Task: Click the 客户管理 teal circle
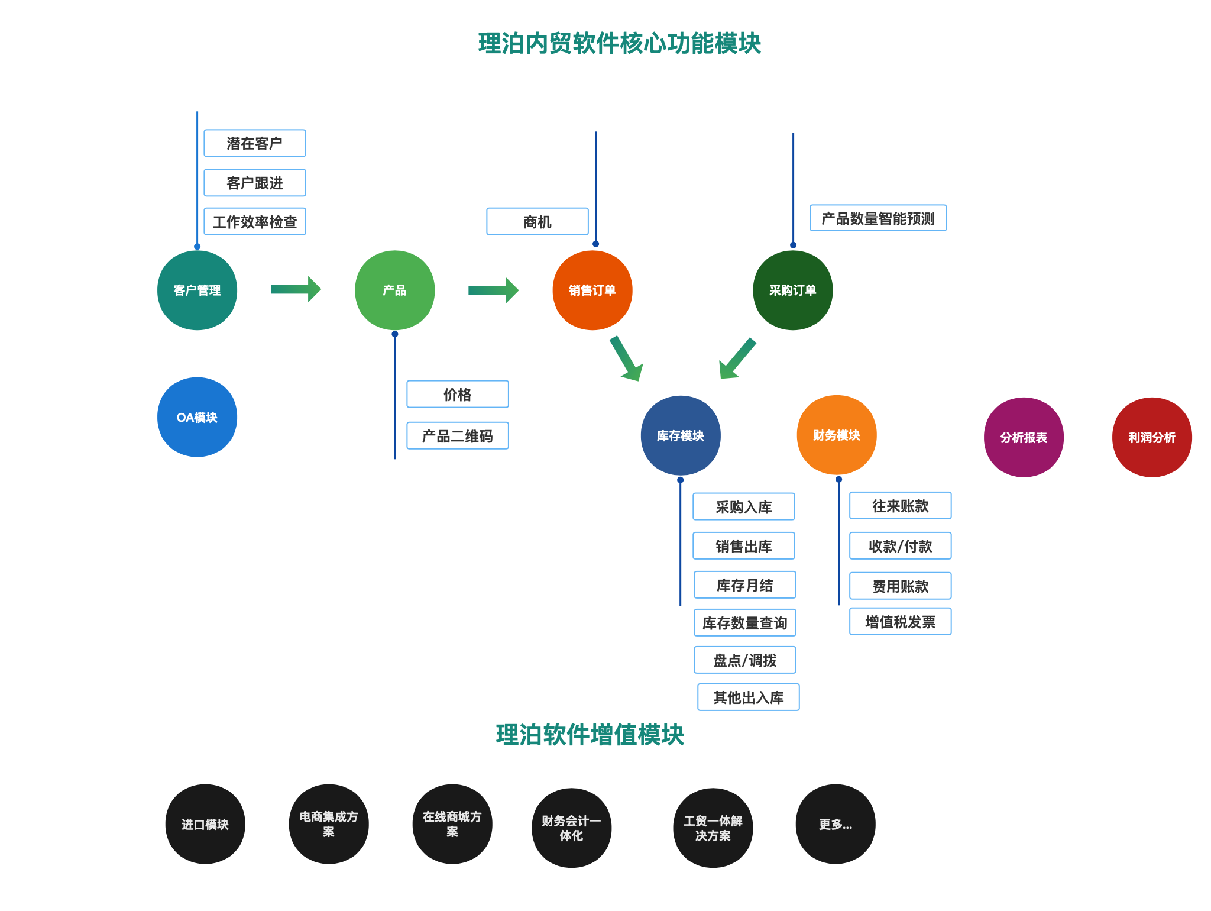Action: click(x=197, y=290)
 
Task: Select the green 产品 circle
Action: click(x=394, y=290)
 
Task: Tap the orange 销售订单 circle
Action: click(x=592, y=290)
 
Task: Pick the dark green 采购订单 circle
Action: click(x=792, y=290)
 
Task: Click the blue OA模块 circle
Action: click(x=197, y=417)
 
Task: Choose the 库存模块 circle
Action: click(x=680, y=435)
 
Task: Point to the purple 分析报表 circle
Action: click(x=1023, y=437)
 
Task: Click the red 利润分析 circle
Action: click(x=1151, y=437)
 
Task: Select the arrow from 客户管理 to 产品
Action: click(x=295, y=289)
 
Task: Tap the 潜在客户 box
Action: click(x=254, y=143)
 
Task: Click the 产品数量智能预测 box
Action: click(x=878, y=218)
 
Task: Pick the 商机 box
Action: click(x=537, y=222)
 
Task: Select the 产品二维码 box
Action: click(x=457, y=436)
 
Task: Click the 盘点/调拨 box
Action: click(x=744, y=660)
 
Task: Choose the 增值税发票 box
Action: click(x=900, y=622)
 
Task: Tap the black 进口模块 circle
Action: click(x=205, y=824)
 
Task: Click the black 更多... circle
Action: click(x=835, y=824)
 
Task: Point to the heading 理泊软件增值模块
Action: click(x=590, y=735)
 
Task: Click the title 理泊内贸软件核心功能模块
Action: click(x=619, y=44)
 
